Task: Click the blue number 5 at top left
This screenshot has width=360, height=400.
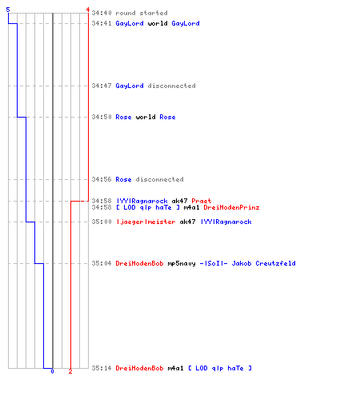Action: click(x=8, y=10)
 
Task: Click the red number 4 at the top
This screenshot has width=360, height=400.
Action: click(x=87, y=10)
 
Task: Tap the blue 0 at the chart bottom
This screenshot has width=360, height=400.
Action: click(x=52, y=371)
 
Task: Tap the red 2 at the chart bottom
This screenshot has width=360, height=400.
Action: click(x=70, y=371)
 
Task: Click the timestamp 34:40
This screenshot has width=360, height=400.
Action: click(x=102, y=13)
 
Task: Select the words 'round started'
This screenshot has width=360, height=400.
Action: click(x=142, y=13)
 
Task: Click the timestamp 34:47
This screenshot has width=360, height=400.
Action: click(x=102, y=86)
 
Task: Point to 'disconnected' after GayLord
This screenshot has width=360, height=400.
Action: click(x=171, y=86)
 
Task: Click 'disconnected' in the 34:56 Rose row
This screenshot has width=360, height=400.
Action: click(x=159, y=179)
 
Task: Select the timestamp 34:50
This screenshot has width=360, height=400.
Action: click(x=102, y=117)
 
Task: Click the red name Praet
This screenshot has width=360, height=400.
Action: click(x=202, y=201)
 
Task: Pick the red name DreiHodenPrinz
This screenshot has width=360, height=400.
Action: click(x=231, y=207)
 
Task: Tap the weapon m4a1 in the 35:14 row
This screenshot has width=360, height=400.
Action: click(x=175, y=368)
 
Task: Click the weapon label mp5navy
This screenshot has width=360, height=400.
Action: click(x=182, y=263)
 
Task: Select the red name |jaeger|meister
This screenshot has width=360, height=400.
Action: click(x=146, y=222)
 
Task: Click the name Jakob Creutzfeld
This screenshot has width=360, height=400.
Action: click(x=263, y=263)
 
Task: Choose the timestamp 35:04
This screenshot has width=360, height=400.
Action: click(x=102, y=263)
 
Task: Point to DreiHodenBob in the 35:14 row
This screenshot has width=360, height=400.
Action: click(x=139, y=368)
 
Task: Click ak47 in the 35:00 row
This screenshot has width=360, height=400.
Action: click(x=187, y=222)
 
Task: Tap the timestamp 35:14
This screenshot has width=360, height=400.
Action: click(x=102, y=368)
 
